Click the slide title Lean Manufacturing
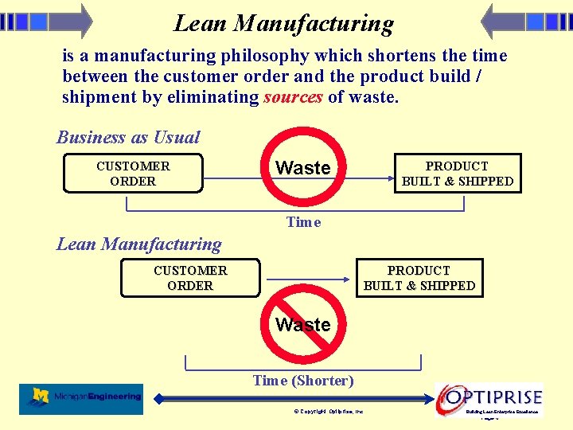coord(283,23)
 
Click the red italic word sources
coord(293,97)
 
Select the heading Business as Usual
coord(128,137)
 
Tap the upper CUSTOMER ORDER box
coord(133,174)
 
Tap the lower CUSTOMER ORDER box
coord(190,278)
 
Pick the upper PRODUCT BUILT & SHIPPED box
coord(458,174)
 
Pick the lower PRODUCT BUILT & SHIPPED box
coord(419,278)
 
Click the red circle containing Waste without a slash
coord(302,168)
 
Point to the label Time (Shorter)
coord(303,381)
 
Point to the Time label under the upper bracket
coord(303,222)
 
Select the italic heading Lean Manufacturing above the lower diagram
coord(139,244)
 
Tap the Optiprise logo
coord(490,397)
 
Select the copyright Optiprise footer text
coord(329,412)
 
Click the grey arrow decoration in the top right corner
coord(526,21)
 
